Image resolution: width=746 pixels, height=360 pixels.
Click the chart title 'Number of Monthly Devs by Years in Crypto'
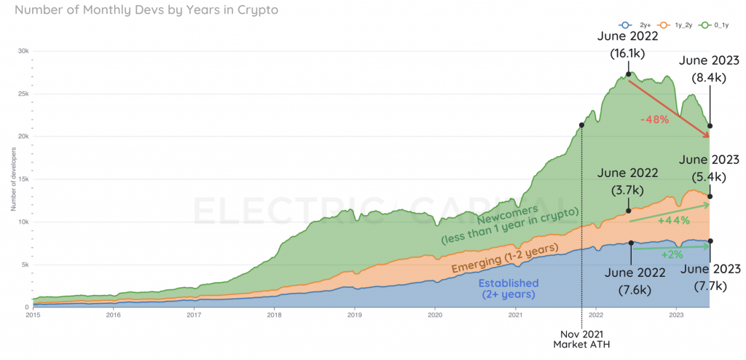point(146,11)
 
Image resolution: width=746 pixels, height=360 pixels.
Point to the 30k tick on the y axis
point(23,51)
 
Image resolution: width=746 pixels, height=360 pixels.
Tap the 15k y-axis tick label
point(23,179)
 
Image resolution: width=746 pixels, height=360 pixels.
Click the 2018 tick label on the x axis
point(275,316)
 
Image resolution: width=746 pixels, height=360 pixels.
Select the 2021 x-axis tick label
point(515,316)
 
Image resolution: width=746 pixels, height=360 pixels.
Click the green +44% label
point(673,221)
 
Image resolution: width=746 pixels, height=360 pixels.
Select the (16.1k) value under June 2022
point(628,53)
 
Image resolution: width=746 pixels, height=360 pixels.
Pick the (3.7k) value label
point(628,190)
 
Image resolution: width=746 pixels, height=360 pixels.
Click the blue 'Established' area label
point(508,283)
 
